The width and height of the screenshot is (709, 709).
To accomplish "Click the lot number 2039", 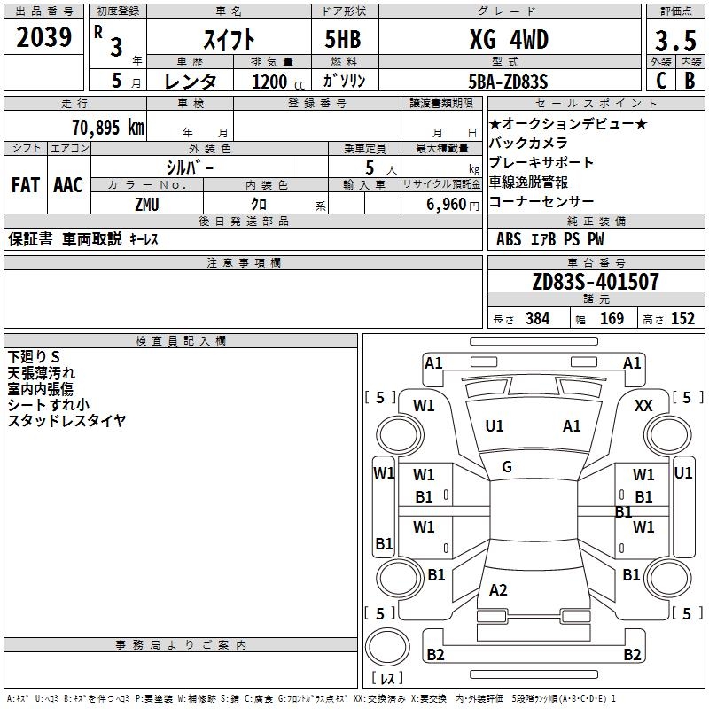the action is (x=44, y=38).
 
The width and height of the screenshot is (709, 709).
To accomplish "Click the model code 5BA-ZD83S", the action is (x=508, y=82).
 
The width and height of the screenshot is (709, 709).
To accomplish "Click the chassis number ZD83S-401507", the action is (x=596, y=283).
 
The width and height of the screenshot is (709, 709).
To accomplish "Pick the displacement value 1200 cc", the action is (x=276, y=82).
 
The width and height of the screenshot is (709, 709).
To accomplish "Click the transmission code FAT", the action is (x=25, y=185).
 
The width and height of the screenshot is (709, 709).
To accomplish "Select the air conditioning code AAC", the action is (x=68, y=185).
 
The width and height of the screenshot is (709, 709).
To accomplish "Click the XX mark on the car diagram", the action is (x=644, y=405).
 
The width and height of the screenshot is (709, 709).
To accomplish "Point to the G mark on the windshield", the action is (x=507, y=466).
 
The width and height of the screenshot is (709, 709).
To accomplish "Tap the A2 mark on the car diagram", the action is (x=498, y=590).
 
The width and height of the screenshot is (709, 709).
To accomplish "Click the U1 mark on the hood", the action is (x=495, y=426).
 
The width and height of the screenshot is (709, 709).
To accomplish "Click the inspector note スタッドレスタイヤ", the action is (x=66, y=420).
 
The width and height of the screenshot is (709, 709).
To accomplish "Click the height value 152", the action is (x=682, y=319).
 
